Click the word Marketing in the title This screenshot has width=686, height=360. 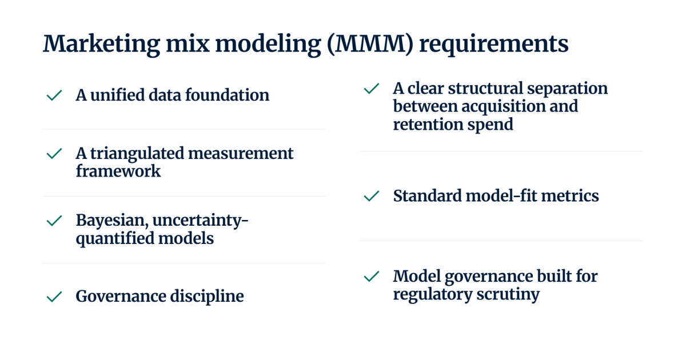point(101,45)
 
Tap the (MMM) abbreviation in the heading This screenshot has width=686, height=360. point(370,45)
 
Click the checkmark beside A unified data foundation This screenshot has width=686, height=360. point(54,95)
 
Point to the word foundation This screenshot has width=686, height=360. point(227,95)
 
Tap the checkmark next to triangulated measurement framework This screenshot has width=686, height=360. point(54,154)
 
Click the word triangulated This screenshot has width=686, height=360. point(137,154)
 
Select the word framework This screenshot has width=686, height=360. point(118,171)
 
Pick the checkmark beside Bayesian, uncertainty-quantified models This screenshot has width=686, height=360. point(54,221)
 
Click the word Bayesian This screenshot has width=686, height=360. point(112,221)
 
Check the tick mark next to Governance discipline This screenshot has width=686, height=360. point(54,297)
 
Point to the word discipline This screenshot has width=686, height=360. point(207,297)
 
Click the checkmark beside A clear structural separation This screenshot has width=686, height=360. point(372,89)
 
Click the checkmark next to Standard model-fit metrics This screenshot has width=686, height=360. point(372,196)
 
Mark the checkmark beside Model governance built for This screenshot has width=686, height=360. point(372,277)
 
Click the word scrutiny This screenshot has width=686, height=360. point(508,295)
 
